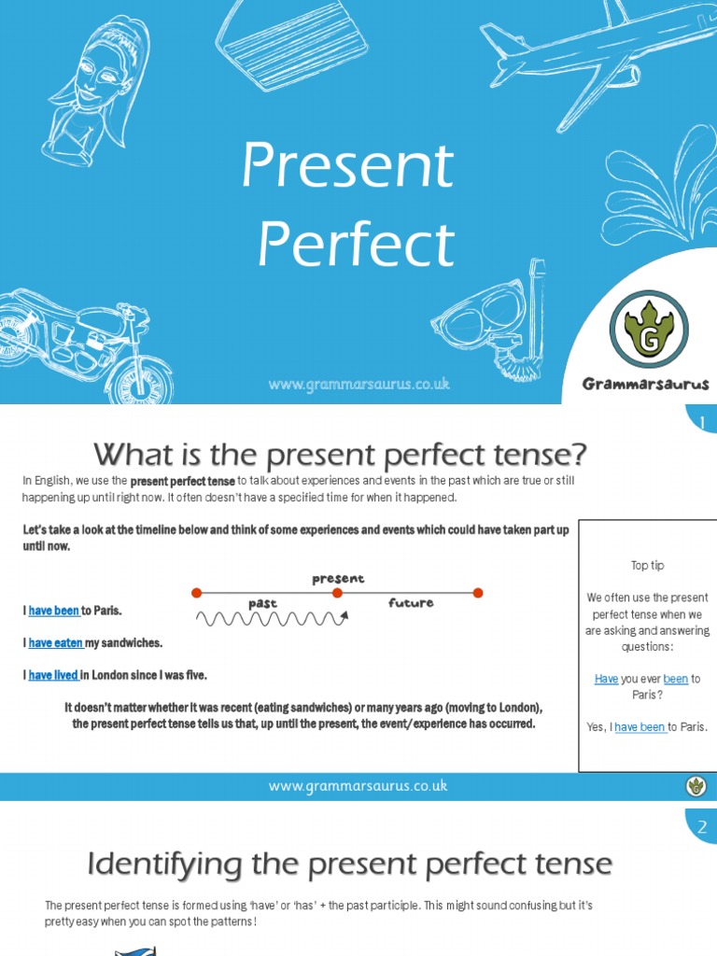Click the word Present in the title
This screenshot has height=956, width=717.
click(347, 166)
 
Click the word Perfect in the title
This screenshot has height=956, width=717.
click(356, 245)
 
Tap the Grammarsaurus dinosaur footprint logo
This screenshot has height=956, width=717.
click(648, 328)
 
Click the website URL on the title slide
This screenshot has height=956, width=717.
click(358, 384)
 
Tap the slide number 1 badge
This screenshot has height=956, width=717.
click(701, 424)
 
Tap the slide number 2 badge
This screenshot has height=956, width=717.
click(701, 826)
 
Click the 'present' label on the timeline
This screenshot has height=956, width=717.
click(338, 579)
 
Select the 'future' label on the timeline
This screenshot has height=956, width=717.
click(411, 603)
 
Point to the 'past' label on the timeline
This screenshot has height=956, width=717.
click(264, 603)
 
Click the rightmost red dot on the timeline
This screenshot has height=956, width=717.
click(478, 592)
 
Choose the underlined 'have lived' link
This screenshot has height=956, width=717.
click(53, 675)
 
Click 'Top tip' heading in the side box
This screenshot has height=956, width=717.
click(647, 566)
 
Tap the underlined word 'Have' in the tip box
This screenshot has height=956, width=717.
click(606, 679)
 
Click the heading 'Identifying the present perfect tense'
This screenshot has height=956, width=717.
click(349, 865)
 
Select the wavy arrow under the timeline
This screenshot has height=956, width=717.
click(272, 618)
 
